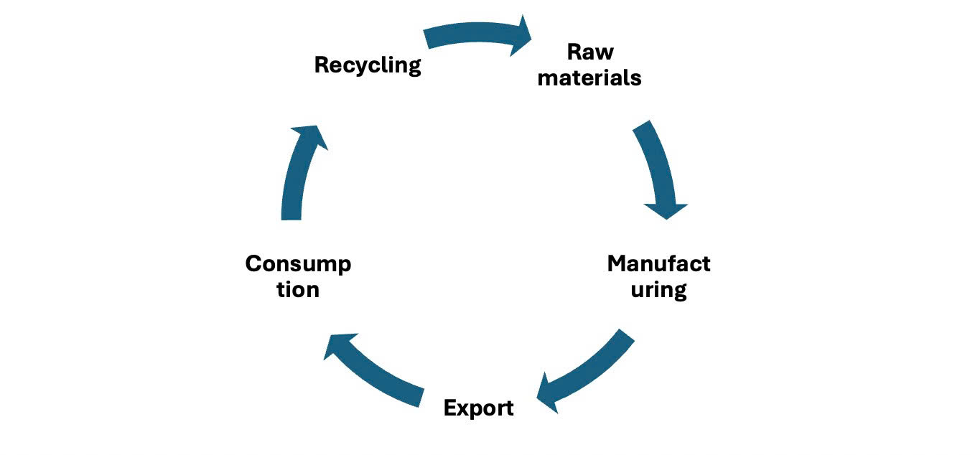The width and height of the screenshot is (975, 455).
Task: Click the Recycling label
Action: tap(367, 65)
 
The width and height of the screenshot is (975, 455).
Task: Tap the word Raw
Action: tap(590, 52)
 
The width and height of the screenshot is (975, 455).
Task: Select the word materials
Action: tap(589, 78)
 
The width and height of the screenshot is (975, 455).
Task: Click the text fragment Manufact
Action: tap(658, 263)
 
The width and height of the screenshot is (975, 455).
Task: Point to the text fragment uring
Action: tap(658, 290)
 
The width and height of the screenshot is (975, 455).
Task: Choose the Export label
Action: tap(478, 408)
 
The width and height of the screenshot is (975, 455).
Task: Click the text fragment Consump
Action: tap(298, 263)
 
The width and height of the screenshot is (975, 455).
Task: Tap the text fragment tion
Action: tap(298, 290)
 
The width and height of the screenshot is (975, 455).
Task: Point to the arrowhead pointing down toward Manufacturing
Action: tap(666, 210)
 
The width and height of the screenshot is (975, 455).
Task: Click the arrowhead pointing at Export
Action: tap(549, 394)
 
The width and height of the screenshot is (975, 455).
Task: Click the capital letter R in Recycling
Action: tap(322, 65)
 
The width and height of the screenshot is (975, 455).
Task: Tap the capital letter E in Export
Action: tap(450, 408)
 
